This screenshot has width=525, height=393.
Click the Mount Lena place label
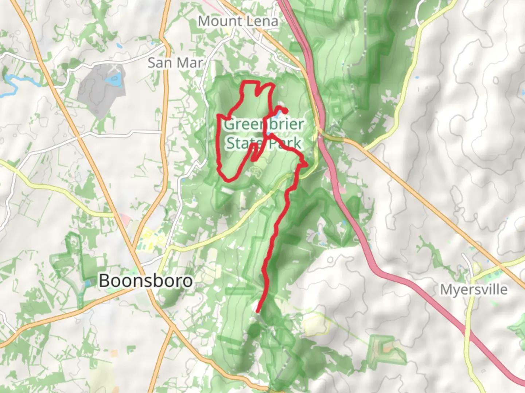[x=238, y=21]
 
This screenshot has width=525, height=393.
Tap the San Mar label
[x=175, y=63]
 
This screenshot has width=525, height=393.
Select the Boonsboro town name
[x=145, y=281]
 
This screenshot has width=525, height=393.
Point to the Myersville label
[x=474, y=290]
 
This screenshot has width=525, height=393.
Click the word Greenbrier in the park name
[x=264, y=124]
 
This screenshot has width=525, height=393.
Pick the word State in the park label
[x=241, y=143]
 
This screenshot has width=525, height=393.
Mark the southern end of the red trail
[x=258, y=311]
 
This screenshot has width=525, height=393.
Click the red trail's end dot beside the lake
[x=287, y=111]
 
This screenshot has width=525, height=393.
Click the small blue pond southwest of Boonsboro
[x=87, y=283]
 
